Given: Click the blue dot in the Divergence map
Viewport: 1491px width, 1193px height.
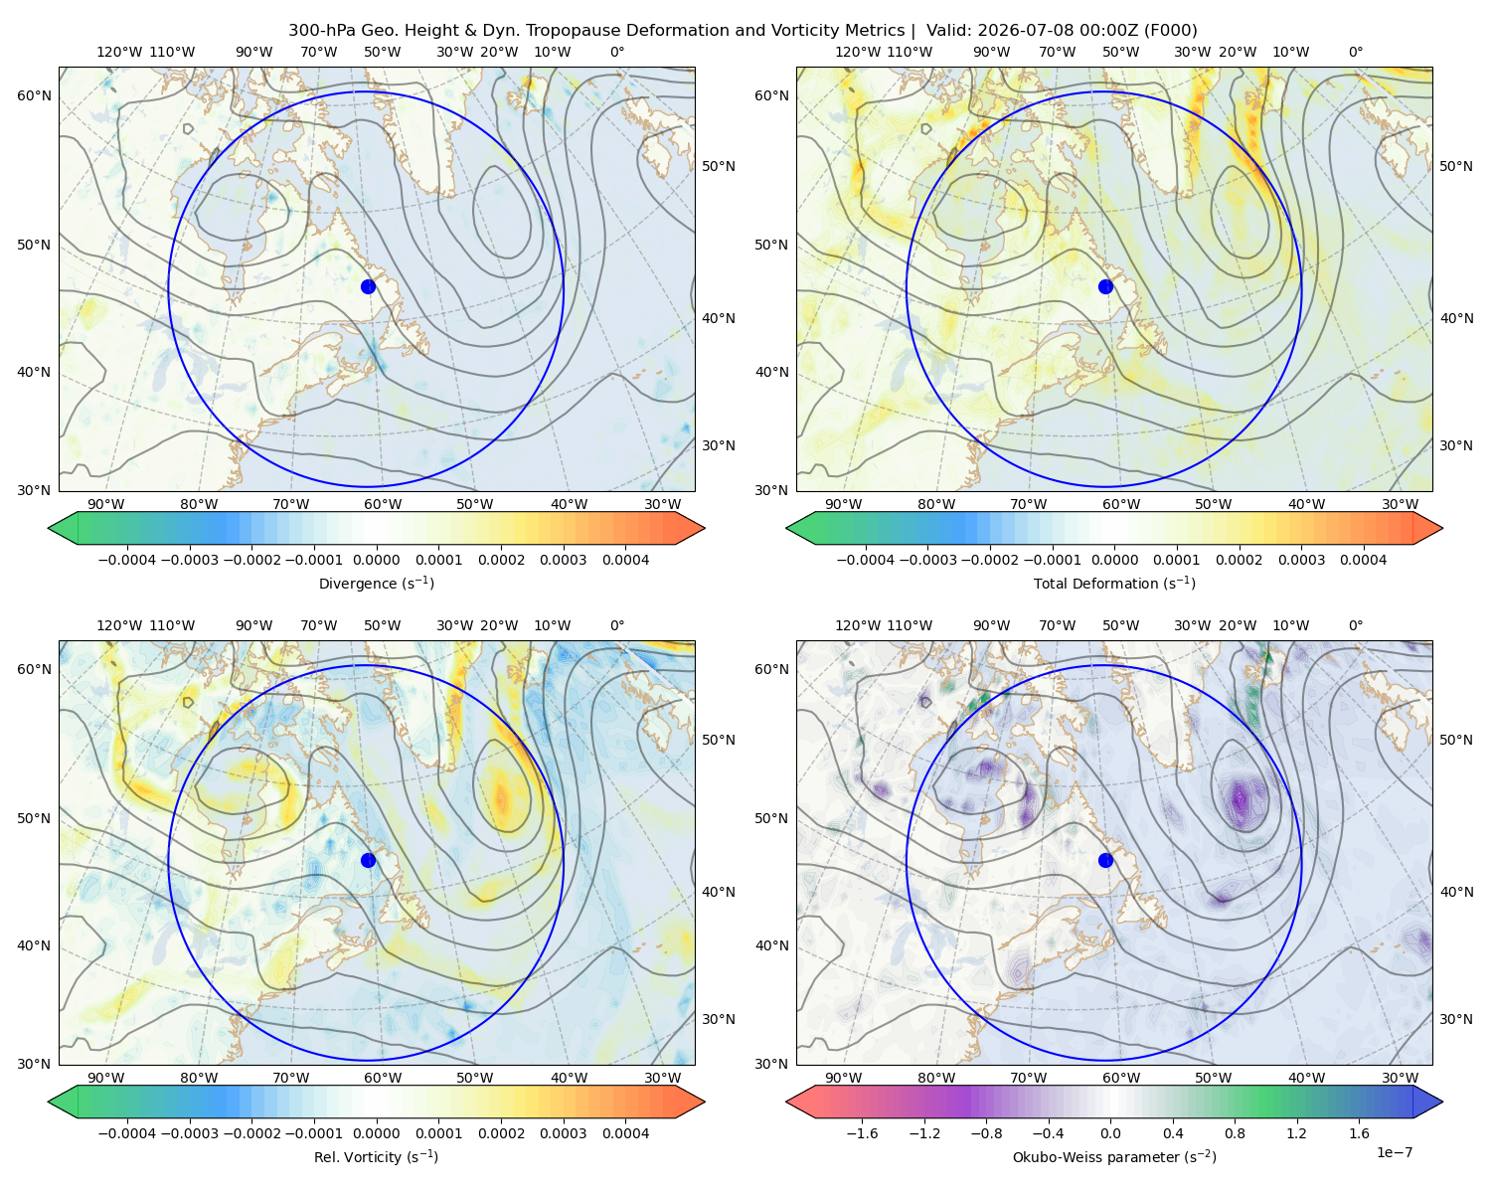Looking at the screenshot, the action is click(368, 287).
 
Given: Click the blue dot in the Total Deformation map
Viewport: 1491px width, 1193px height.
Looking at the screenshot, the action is click(1105, 287).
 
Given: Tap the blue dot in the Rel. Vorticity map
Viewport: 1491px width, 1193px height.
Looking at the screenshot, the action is click(368, 860).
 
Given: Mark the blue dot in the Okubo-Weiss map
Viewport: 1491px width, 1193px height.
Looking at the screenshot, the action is click(1105, 860).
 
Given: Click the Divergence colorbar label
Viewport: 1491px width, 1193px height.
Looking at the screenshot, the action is click(376, 584).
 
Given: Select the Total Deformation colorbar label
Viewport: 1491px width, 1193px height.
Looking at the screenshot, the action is click(1114, 584).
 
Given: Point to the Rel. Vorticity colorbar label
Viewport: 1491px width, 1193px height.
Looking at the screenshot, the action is click(376, 1157).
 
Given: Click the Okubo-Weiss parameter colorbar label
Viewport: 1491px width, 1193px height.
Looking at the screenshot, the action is click(1114, 1157).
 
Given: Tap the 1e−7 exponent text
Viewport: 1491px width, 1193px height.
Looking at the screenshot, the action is click(1394, 1152).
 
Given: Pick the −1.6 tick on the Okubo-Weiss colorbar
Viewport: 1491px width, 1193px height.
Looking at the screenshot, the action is click(862, 1133).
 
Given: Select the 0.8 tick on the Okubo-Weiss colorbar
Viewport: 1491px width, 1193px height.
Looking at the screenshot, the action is click(1235, 1133).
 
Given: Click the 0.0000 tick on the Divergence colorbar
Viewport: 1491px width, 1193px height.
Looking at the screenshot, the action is click(376, 560).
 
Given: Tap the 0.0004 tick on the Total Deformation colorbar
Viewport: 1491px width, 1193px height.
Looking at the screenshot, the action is click(1364, 560).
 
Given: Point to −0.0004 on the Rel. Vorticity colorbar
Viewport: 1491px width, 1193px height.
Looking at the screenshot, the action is click(127, 1133).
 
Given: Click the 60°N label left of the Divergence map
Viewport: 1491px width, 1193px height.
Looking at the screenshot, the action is click(34, 95).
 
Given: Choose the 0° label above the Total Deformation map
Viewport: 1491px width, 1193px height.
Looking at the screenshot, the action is click(1355, 52).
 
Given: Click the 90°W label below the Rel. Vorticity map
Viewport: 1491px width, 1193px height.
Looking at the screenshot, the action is click(106, 1078).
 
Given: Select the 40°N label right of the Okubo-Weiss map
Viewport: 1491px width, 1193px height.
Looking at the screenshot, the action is click(1456, 892).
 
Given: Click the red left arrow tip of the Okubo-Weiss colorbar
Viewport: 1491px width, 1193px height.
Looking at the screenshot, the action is click(787, 1102).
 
